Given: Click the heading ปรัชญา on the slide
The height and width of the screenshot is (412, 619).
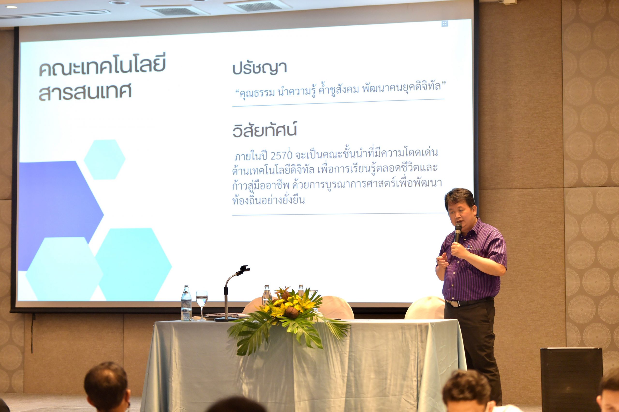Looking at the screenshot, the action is tap(259, 68).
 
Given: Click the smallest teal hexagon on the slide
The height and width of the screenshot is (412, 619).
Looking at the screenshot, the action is tap(104, 160).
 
